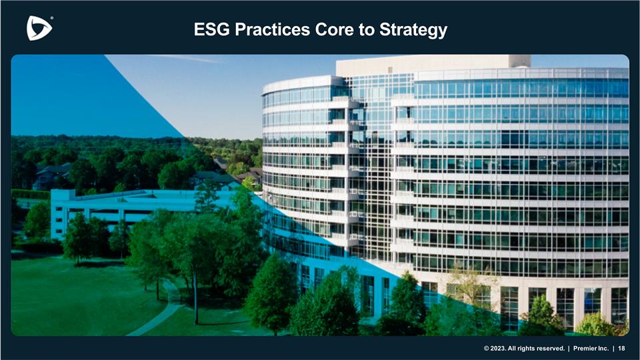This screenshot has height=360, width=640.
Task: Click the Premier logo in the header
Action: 39,28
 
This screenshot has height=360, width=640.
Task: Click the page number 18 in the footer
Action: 621,349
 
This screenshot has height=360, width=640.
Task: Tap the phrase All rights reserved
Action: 540,349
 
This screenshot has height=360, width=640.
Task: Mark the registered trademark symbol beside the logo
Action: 51,19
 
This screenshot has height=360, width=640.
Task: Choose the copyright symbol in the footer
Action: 487,349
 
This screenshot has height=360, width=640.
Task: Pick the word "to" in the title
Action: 372,30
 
